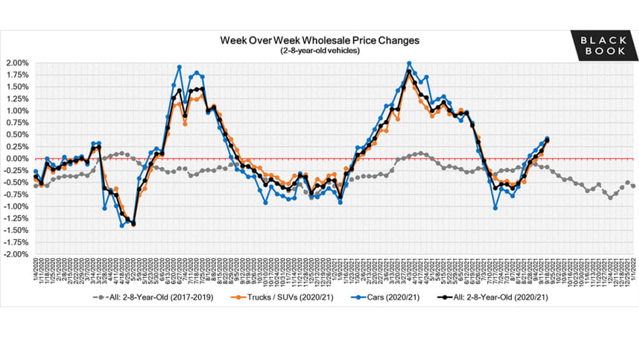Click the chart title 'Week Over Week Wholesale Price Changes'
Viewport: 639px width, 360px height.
coord(319,40)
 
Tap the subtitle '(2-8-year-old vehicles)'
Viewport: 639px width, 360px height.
coord(319,50)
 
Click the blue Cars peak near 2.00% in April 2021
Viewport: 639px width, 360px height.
coord(409,64)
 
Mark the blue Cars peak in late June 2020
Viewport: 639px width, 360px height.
coord(179,67)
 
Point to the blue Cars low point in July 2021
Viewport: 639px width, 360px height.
coord(496,208)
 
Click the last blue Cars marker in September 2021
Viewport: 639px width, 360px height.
coord(546,138)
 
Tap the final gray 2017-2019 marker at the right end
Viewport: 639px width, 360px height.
coord(633,186)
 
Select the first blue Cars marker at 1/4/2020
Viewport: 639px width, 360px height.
coord(35,172)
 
